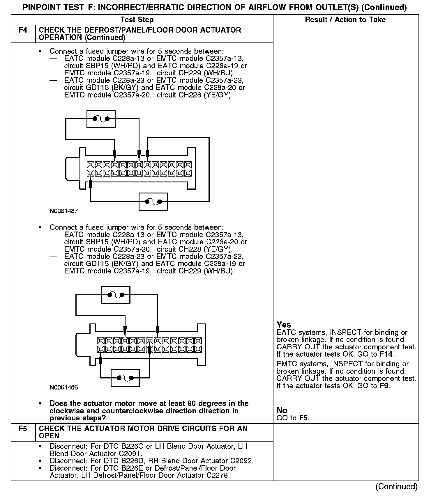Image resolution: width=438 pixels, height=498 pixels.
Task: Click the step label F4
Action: pyautogui.click(x=23, y=30)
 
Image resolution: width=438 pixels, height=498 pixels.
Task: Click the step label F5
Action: pyautogui.click(x=23, y=428)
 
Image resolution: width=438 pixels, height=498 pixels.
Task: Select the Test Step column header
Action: pyautogui.click(x=137, y=19)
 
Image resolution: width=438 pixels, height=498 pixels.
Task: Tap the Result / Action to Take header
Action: pyautogui.click(x=345, y=19)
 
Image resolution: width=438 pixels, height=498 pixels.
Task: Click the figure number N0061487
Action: pyautogui.click(x=64, y=211)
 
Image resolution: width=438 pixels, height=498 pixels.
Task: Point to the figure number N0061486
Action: pyautogui.click(x=64, y=387)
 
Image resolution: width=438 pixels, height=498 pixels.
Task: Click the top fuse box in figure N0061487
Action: pyautogui.click(x=101, y=119)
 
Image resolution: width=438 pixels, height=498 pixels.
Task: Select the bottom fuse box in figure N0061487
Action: pyautogui.click(x=153, y=201)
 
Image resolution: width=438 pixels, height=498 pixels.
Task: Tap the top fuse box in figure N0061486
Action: pyautogui.click(x=116, y=295)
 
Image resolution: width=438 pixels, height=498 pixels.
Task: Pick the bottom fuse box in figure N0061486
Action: pyautogui.click(x=125, y=378)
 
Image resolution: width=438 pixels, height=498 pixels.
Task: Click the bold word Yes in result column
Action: pyautogui.click(x=284, y=325)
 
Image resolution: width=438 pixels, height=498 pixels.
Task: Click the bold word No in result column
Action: pyautogui.click(x=282, y=410)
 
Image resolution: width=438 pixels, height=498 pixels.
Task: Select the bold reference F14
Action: pyautogui.click(x=386, y=354)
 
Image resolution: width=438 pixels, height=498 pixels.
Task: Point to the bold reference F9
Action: pyautogui.click(x=384, y=386)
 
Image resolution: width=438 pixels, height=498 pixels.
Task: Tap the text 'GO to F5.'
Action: pyautogui.click(x=293, y=418)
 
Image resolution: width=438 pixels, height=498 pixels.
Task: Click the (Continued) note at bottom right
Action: pyautogui.click(x=396, y=486)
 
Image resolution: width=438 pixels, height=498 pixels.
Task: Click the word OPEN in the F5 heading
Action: pyautogui.click(x=49, y=436)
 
